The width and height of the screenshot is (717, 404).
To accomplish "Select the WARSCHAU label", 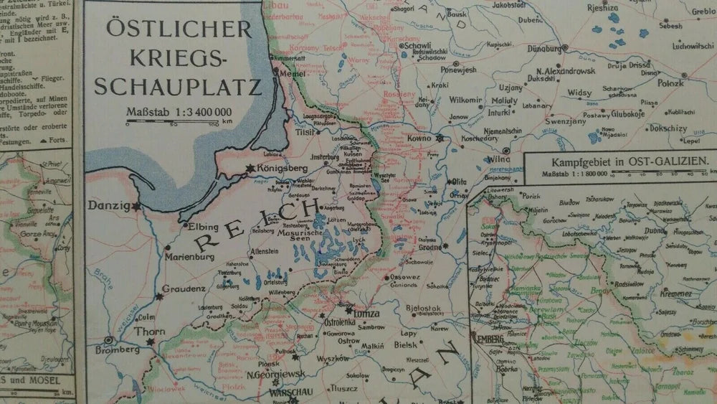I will click(x=291, y=393).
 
